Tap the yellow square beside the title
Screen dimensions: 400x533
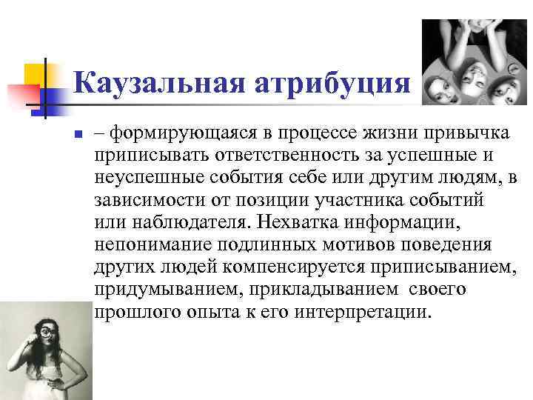35,74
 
